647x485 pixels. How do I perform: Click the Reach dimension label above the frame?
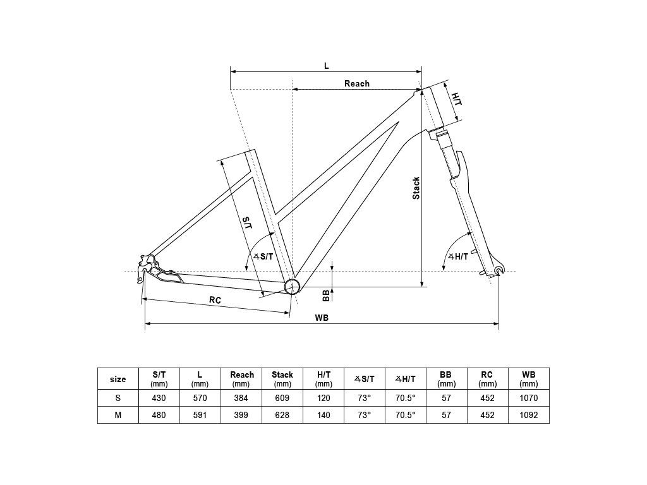(357, 84)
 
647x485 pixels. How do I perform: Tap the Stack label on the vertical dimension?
(416, 188)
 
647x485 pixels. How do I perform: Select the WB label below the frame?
(322, 318)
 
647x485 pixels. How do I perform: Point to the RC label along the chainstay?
(215, 300)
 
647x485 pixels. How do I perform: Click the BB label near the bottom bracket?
(325, 295)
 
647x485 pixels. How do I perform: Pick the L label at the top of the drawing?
(327, 66)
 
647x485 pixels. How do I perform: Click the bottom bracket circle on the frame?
(292, 286)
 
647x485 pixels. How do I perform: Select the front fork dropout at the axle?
(500, 270)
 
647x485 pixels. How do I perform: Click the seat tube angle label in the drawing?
(263, 256)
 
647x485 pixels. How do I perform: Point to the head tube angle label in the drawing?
(458, 256)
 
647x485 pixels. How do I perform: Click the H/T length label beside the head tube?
(456, 99)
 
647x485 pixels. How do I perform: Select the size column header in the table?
(118, 379)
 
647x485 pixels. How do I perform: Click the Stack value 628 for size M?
(282, 415)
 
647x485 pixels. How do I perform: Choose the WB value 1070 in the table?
(529, 398)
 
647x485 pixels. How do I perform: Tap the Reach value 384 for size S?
(241, 398)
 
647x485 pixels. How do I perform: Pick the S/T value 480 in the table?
(159, 415)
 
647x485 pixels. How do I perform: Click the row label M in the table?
(118, 415)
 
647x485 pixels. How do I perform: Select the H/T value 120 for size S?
(323, 398)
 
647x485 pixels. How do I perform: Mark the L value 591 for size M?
(200, 415)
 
